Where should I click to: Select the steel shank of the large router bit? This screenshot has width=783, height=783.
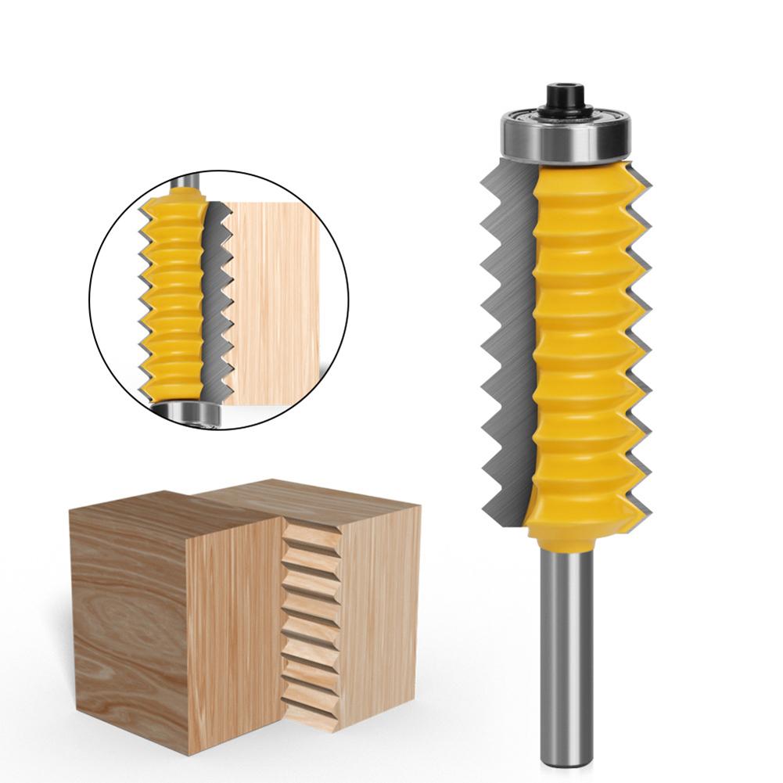coord(564,641)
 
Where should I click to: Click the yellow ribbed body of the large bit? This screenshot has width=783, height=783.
coord(579,336)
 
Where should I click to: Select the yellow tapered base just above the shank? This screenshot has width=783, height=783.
coord(565,532)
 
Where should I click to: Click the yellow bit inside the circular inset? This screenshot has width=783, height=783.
coord(176,297)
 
